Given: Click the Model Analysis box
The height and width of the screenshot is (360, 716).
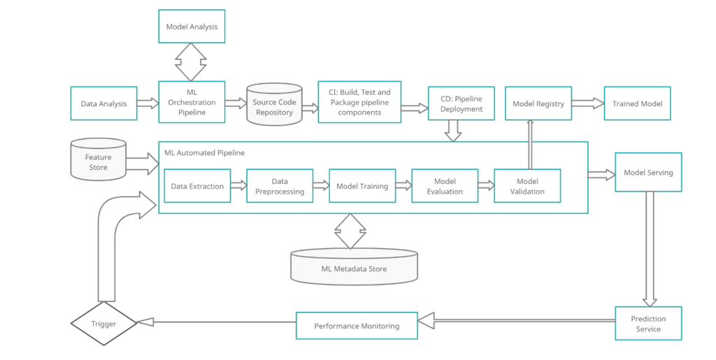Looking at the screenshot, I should [192, 27].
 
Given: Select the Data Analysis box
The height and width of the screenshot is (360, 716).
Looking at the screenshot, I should [103, 103].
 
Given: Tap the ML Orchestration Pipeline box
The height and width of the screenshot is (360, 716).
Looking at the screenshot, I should [192, 103].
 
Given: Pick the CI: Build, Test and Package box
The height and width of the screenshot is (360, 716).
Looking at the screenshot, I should [359, 102].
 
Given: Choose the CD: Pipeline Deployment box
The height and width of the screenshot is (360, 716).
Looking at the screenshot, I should [461, 103].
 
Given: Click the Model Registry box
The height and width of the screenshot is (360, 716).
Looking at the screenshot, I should [538, 103].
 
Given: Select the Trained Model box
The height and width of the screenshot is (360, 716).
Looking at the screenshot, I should [637, 103].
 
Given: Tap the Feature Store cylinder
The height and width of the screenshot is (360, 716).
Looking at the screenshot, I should [99, 161].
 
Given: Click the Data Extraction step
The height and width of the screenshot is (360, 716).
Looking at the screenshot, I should [197, 186].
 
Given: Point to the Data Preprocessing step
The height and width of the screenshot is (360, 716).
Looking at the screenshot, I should [279, 186].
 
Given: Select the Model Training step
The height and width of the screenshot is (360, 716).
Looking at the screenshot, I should [362, 186].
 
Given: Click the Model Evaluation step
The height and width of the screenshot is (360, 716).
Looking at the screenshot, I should [445, 186].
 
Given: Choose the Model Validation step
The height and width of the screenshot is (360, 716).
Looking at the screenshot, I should [527, 186].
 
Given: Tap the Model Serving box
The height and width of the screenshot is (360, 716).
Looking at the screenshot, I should [648, 172].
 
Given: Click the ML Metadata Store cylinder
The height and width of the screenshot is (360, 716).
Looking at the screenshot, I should [354, 268].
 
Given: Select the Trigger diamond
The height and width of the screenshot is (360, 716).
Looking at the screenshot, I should [103, 324].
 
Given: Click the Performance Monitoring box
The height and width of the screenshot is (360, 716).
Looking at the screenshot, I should [357, 326].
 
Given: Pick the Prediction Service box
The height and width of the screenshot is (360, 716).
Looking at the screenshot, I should [648, 323].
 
